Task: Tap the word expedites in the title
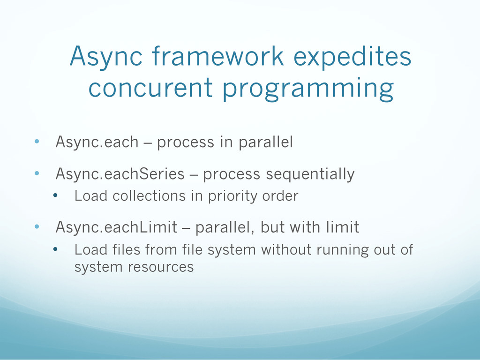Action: point(352,58)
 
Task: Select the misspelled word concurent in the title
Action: point(150,87)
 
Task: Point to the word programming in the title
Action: point(308,90)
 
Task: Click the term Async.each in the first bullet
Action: point(97,142)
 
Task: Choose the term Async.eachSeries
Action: point(120,173)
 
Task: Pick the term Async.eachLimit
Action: point(116,227)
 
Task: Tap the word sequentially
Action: point(310,174)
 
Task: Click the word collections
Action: point(150,195)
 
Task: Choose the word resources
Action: point(161,267)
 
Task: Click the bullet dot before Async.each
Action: point(37,142)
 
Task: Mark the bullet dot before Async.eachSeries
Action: point(37,173)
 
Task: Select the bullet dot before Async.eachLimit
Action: point(37,226)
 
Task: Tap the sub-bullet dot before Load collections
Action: point(55,196)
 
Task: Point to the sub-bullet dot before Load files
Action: point(55,249)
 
